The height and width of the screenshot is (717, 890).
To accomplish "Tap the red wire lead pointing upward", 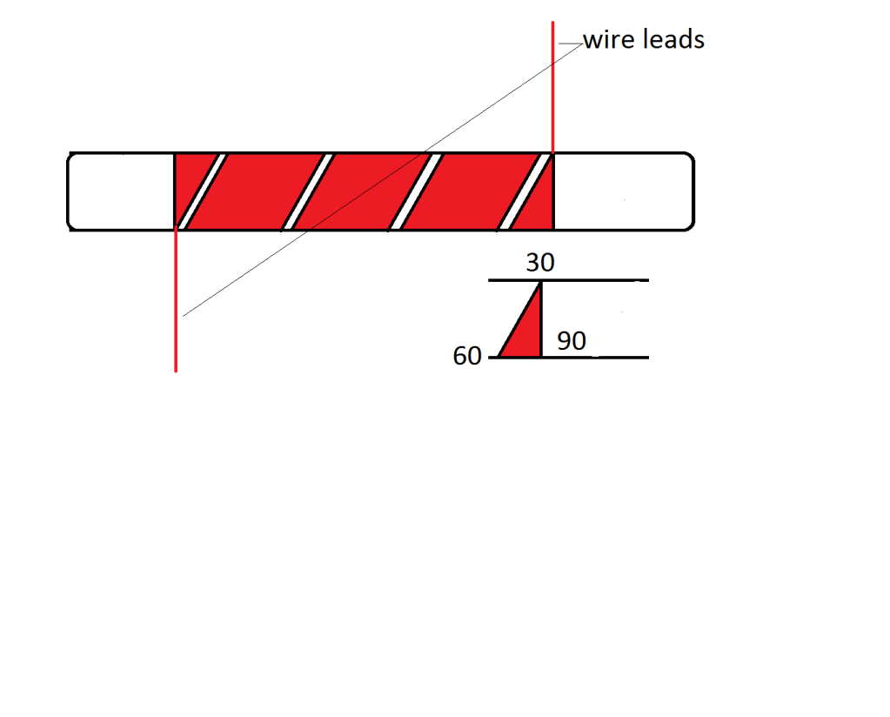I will click(552, 87).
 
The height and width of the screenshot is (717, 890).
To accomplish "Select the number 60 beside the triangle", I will click(467, 356).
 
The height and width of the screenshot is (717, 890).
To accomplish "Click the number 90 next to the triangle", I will click(572, 341).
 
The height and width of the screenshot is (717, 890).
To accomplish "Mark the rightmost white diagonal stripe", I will click(524, 192).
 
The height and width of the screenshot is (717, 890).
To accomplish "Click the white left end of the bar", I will click(122, 192).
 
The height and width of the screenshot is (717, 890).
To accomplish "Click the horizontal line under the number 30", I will click(600, 281).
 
